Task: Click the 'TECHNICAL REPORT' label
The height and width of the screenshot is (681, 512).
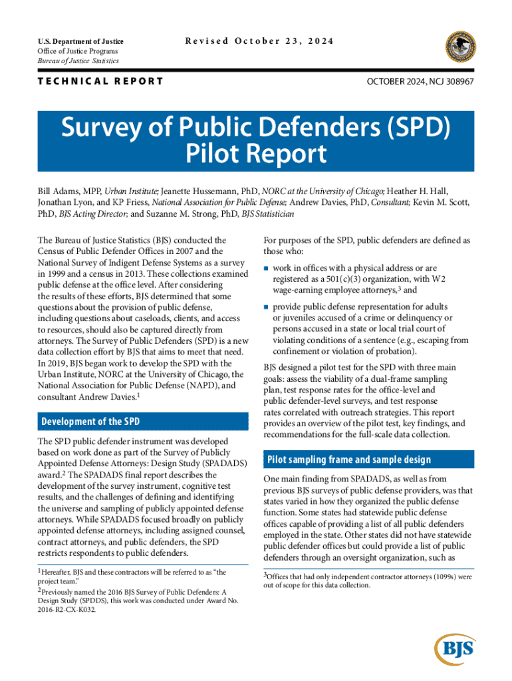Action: tap(100, 81)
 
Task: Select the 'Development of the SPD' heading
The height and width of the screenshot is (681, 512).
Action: tap(90, 422)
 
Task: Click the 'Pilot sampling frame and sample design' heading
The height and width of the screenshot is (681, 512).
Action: tap(348, 460)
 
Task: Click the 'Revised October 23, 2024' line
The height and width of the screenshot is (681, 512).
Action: tap(259, 41)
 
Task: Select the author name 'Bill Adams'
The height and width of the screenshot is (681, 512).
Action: tap(59, 191)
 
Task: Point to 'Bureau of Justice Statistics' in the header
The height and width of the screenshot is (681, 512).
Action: tap(78, 61)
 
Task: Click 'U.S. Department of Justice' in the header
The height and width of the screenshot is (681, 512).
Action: tap(80, 41)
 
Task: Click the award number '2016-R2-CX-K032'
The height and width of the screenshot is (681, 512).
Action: tap(68, 609)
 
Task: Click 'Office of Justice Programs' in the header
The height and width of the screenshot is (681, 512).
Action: tap(78, 51)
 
